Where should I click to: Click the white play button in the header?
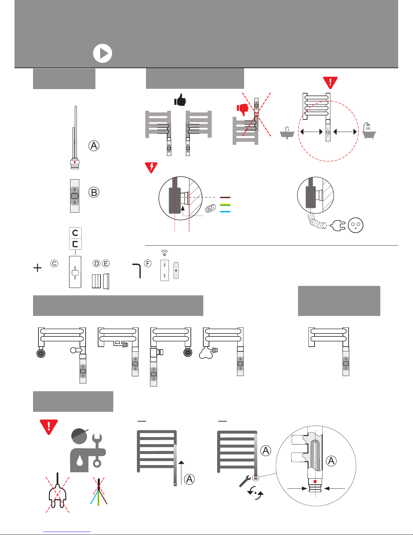[102, 53]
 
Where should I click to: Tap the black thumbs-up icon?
[180, 100]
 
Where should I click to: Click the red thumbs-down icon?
[243, 109]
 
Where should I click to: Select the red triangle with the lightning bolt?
[151, 168]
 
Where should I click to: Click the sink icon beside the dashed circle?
[287, 133]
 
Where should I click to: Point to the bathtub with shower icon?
[369, 131]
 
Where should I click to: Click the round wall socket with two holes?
[355, 225]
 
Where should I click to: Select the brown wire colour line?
[225, 197]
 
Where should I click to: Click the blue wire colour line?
[225, 212]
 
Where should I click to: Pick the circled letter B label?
[94, 192]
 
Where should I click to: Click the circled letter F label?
[148, 263]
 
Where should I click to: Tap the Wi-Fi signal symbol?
[165, 253]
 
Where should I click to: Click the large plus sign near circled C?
[37, 268]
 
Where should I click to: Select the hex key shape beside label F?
[137, 271]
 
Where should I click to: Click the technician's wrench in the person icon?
[97, 451]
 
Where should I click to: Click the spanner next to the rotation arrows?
[245, 481]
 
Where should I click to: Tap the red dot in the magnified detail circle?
[315, 481]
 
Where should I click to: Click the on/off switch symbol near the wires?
[210, 209]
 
